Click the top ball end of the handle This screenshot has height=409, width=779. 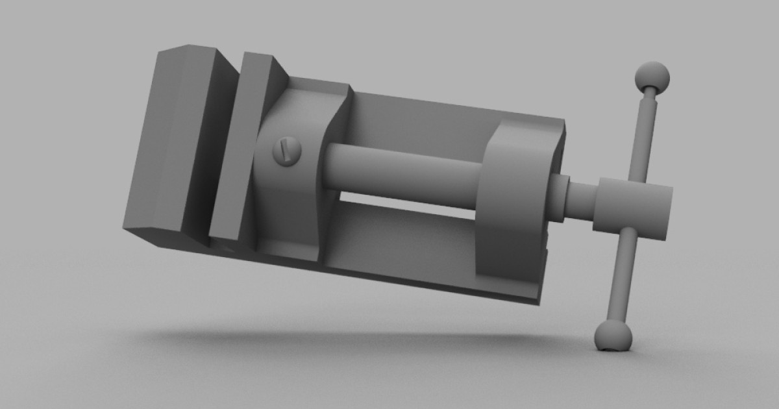[x=652, y=77]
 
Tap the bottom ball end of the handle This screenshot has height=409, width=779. [x=613, y=336]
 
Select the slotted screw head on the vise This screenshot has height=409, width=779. [x=288, y=151]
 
